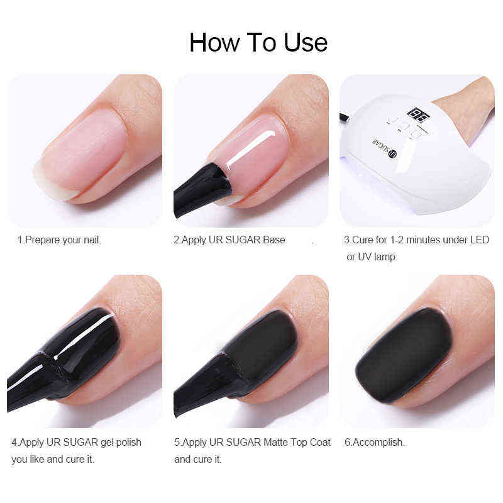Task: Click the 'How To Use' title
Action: click(x=258, y=42)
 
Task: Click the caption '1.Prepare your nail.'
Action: click(x=59, y=240)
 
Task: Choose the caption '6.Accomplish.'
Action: click(x=374, y=442)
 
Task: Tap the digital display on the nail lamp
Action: click(x=416, y=114)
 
